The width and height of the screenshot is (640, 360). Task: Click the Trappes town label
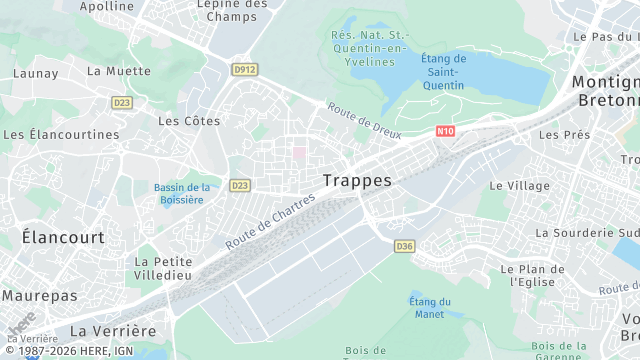[x=358, y=181]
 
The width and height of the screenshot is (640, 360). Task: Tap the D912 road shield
[x=243, y=70]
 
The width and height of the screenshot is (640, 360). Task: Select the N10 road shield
[x=446, y=130]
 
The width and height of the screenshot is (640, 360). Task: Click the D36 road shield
[x=404, y=246]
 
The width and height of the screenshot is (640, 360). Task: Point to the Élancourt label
[x=63, y=238]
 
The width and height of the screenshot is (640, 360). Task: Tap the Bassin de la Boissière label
[x=181, y=193]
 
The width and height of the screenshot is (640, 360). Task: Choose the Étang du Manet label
[x=430, y=307]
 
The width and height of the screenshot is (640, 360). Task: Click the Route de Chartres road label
[x=270, y=221]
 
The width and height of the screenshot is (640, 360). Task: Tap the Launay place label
[x=36, y=74]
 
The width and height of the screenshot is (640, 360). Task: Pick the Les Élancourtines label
[x=61, y=134]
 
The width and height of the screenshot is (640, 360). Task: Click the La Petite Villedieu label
[x=163, y=268]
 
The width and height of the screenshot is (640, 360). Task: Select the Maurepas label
[x=39, y=296]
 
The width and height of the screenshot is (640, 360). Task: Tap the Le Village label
[x=519, y=186]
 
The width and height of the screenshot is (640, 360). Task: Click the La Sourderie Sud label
[x=587, y=233]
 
